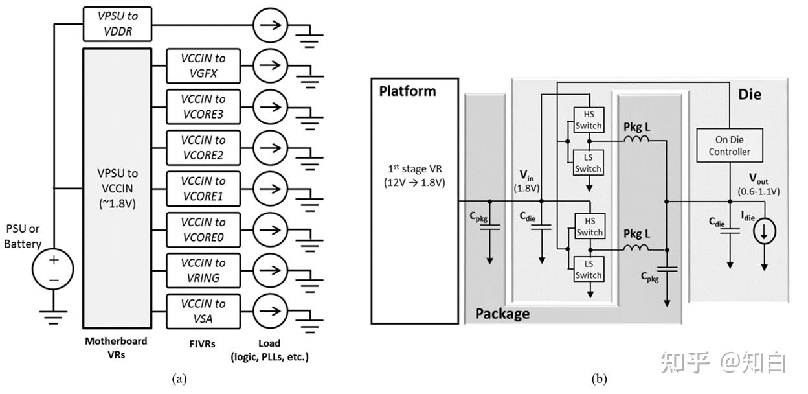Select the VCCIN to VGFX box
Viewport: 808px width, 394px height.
tap(203, 65)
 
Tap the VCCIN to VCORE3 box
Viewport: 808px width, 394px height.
tap(203, 106)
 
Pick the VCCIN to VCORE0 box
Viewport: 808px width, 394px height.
tap(203, 229)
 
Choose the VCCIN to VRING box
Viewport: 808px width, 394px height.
tap(203, 270)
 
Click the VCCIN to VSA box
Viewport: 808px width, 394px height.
tap(203, 311)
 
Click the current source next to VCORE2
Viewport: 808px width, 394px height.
tap(270, 148)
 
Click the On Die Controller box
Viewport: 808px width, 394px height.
tap(729, 146)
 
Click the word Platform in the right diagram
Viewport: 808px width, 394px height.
tap(407, 91)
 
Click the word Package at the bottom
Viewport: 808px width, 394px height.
tap(502, 314)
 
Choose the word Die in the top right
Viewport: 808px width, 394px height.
tap(750, 95)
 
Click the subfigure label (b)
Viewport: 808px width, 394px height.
tap(599, 379)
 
